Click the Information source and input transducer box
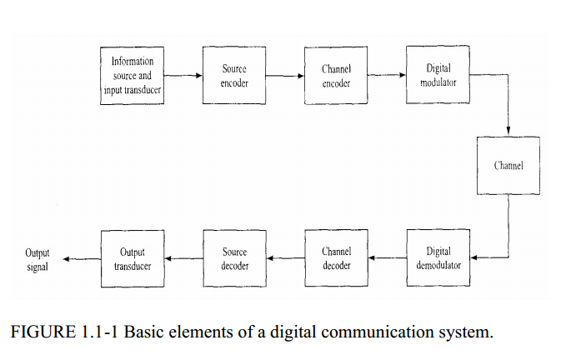coord(131,76)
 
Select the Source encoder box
coord(234,76)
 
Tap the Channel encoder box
coord(336,76)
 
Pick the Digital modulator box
coord(438,76)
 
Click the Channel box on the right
coord(508,165)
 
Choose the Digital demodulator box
coord(438,257)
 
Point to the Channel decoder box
coord(336,257)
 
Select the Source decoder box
coord(234,257)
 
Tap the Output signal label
coord(38,259)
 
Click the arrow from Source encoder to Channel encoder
coord(285,76)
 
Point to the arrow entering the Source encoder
coord(183,76)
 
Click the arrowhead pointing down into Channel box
coord(508,131)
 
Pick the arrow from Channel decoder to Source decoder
coord(285,258)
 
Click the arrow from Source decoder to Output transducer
coord(183,258)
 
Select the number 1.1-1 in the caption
coord(103,332)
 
